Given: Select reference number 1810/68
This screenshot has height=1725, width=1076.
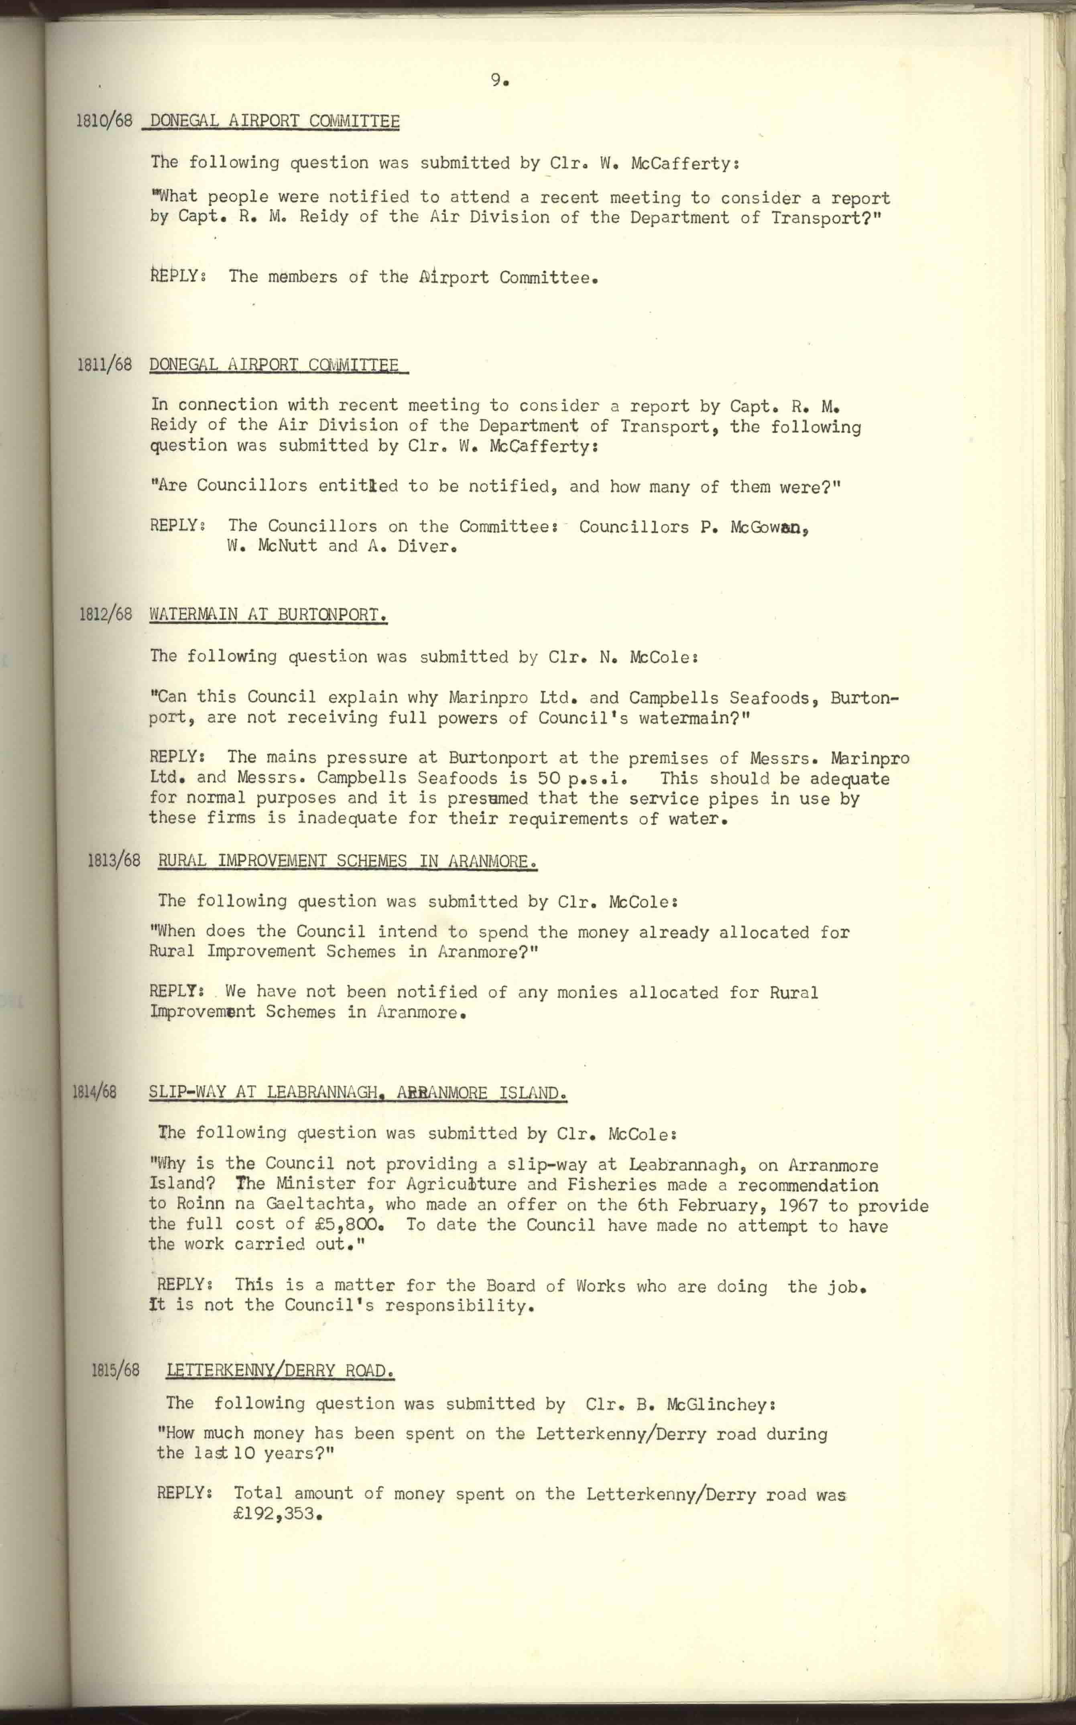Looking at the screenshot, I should [104, 120].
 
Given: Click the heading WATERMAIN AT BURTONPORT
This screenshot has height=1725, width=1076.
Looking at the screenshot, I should [268, 615].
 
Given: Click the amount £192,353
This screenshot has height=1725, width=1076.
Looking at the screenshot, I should [275, 1514].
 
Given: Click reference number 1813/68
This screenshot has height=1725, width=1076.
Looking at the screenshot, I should [114, 861].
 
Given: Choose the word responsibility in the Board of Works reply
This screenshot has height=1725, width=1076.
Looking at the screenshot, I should [459, 1305].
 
